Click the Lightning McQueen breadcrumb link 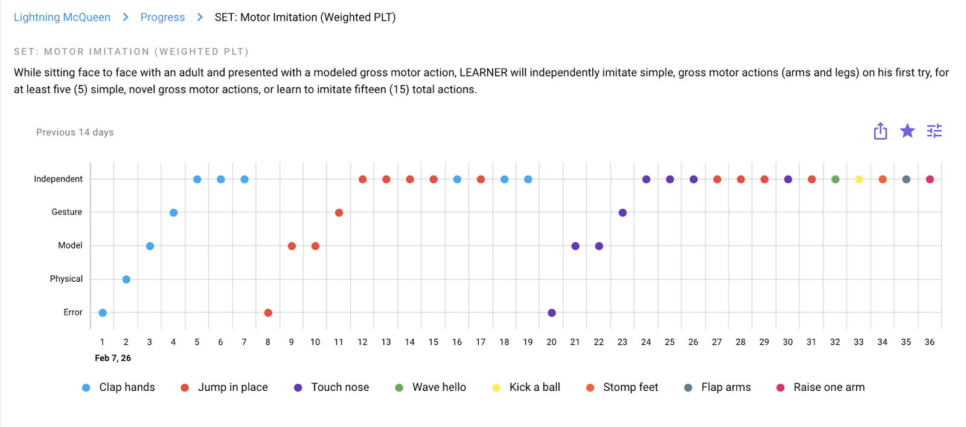[62, 17]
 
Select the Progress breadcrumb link [162, 17]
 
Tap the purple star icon [907, 131]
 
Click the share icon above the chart [880, 131]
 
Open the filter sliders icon [934, 131]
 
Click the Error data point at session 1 [103, 312]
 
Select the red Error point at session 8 [268, 312]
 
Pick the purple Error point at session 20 [552, 312]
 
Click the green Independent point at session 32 [835, 179]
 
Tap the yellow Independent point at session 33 [859, 179]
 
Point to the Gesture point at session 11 [339, 212]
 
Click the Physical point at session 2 [126, 279]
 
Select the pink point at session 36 [930, 179]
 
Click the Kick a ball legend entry [534, 387]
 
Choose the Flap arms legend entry [726, 387]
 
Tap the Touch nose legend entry [339, 387]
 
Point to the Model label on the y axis [70, 245]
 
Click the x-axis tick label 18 [504, 342]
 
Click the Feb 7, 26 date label [113, 358]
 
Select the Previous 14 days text [75, 132]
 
